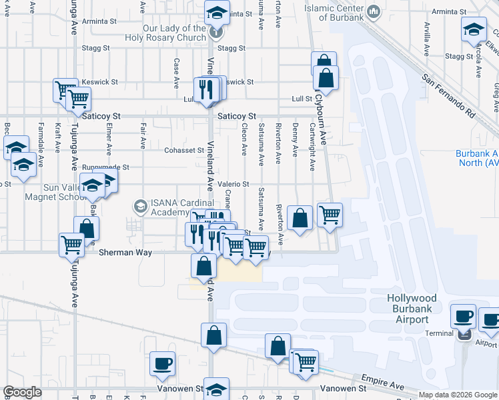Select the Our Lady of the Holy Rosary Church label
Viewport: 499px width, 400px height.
[x=165, y=33]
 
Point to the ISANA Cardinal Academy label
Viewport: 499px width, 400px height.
[x=173, y=208]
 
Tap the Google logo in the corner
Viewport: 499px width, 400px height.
[x=22, y=393]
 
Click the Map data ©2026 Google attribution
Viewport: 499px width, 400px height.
[x=458, y=395]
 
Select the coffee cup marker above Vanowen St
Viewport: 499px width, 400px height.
[x=162, y=363]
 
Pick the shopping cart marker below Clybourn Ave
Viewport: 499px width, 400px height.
[x=330, y=215]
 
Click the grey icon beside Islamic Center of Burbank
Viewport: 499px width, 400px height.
[x=374, y=11]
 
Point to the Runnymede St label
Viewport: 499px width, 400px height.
[x=106, y=167]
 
